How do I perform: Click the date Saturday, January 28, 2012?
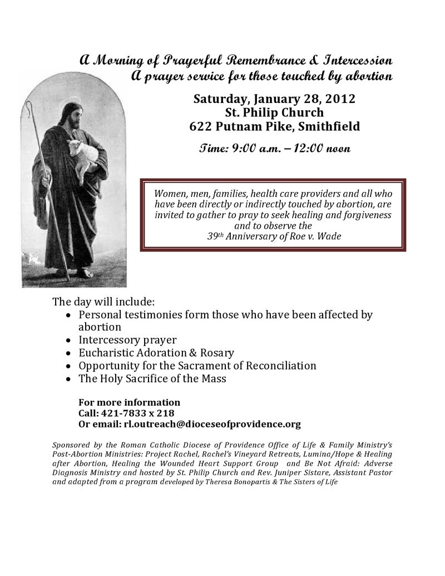click(x=274, y=100)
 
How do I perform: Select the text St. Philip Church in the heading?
click(x=274, y=113)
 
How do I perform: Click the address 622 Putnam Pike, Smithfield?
click(x=274, y=126)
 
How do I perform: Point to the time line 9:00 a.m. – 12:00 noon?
click(x=274, y=149)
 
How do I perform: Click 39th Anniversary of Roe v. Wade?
click(x=274, y=235)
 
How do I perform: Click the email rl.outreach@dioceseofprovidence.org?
click(x=212, y=424)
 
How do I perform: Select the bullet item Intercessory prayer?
click(x=127, y=339)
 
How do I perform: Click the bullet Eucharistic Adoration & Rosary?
click(x=156, y=353)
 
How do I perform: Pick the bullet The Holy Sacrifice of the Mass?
click(x=152, y=378)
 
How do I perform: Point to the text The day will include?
click(x=103, y=302)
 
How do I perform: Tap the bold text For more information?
click(x=129, y=402)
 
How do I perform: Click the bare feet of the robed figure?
click(x=77, y=273)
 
